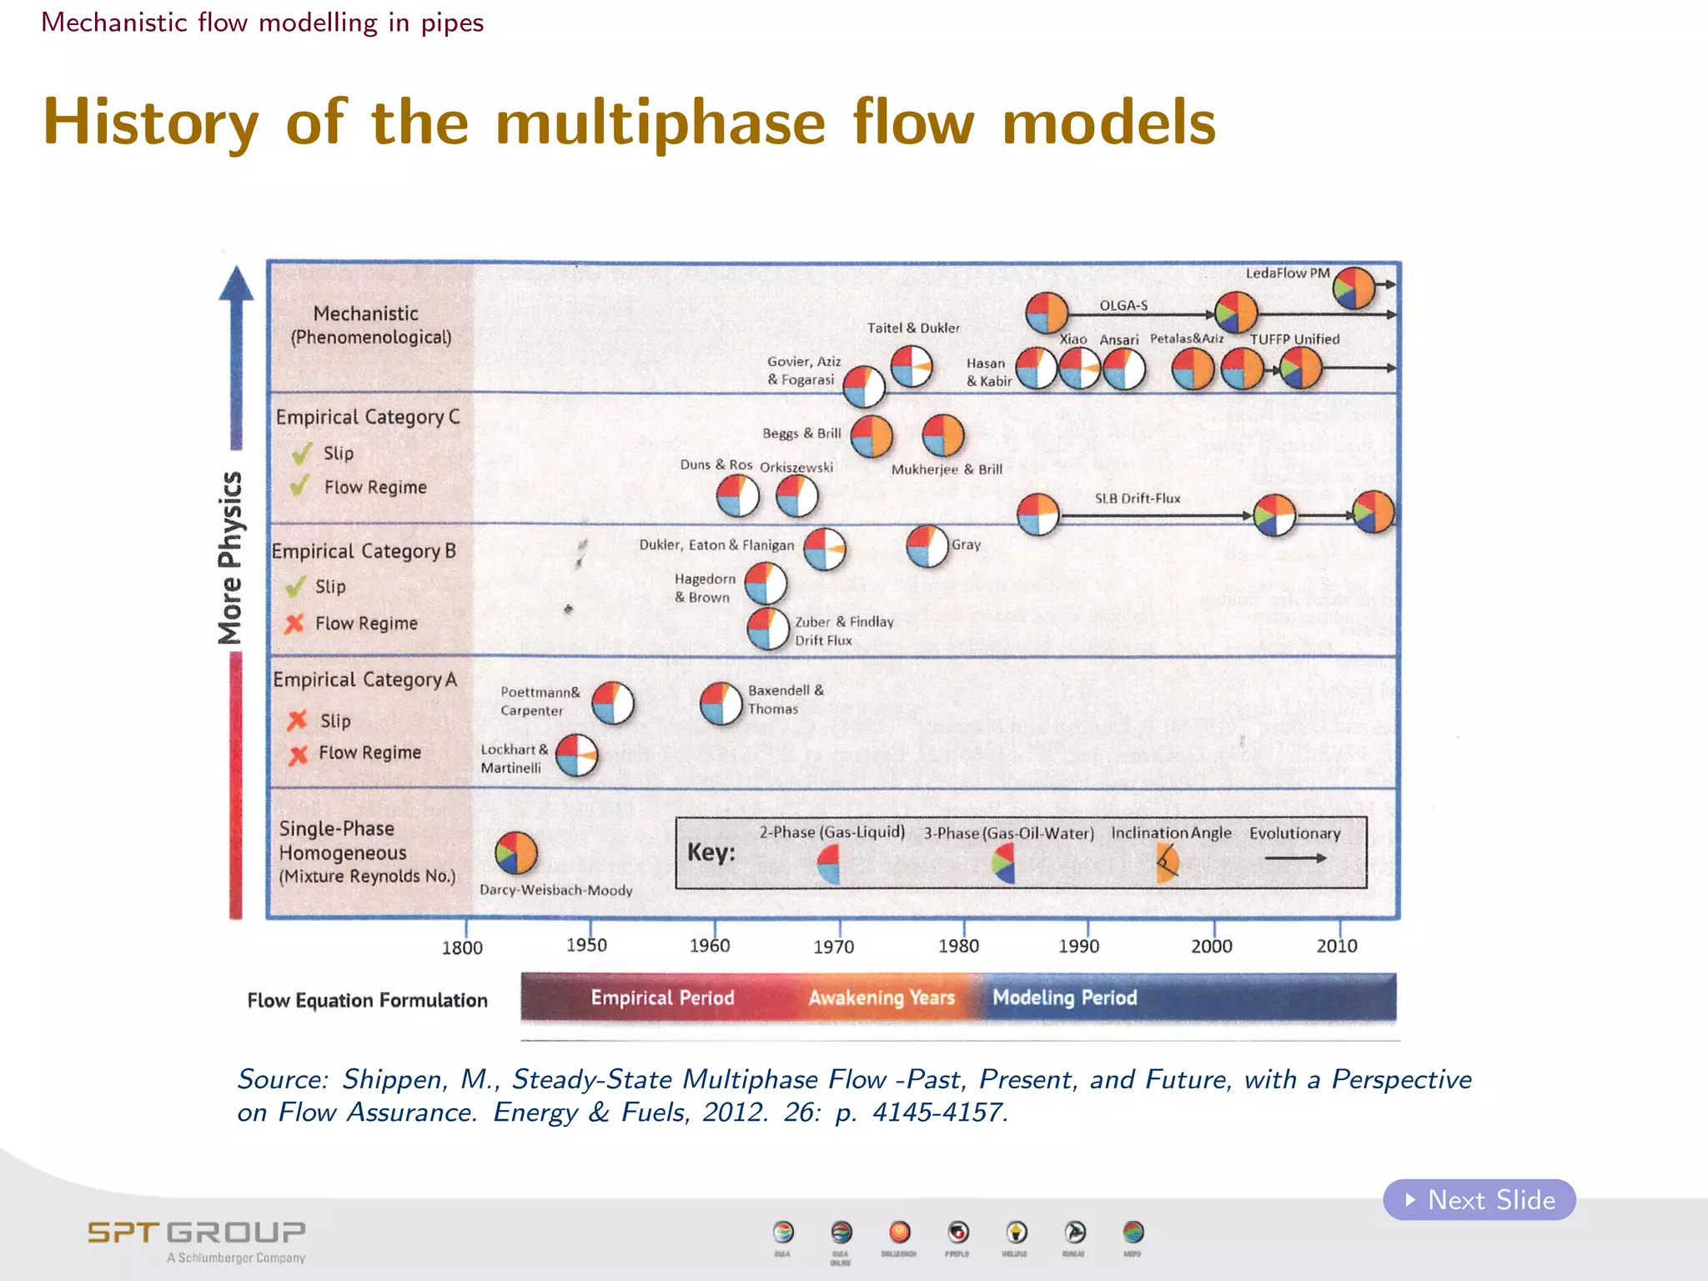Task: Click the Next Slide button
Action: (x=1479, y=1200)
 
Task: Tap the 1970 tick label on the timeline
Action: (x=834, y=947)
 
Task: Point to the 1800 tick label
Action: (x=462, y=947)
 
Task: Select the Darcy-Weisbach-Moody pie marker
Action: (x=516, y=852)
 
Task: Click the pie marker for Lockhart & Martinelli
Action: (x=576, y=756)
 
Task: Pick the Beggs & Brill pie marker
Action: (x=872, y=436)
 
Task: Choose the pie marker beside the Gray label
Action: (x=927, y=547)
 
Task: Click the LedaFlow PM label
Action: (x=1287, y=274)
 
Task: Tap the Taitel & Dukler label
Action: (x=913, y=329)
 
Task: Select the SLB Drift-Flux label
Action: (x=1138, y=499)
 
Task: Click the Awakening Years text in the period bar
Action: (x=882, y=997)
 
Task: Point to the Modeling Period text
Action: (x=1064, y=997)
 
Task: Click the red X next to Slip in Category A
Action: (x=297, y=720)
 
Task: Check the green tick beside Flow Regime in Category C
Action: (x=300, y=486)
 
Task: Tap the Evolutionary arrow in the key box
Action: (x=1295, y=858)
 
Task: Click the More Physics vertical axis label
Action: (x=230, y=558)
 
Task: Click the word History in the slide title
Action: (x=151, y=123)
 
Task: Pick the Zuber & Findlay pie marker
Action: (x=767, y=629)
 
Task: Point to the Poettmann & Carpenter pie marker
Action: (x=613, y=702)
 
